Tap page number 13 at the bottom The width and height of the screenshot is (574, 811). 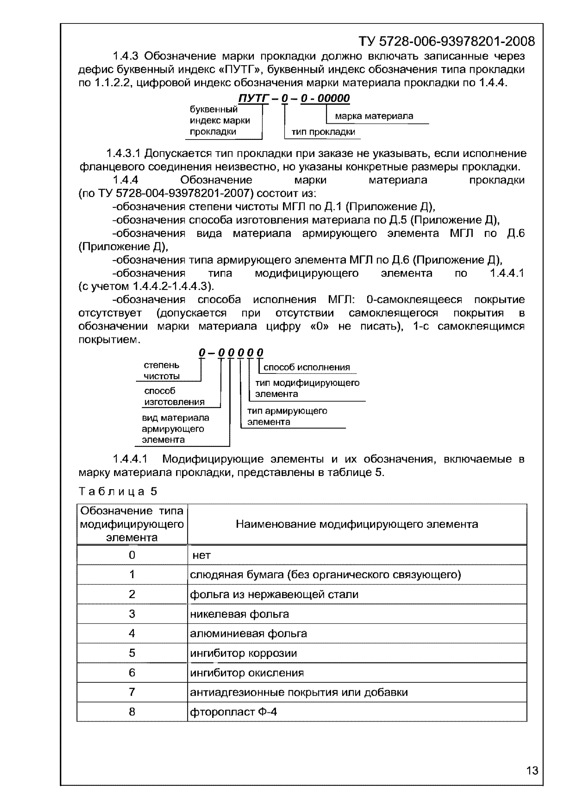[x=532, y=770]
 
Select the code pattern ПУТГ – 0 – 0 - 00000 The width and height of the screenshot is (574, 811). [x=294, y=98]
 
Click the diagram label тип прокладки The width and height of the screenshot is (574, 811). [x=323, y=132]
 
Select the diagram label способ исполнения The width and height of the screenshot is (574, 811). [x=307, y=367]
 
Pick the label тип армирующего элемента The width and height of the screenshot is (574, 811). [x=287, y=416]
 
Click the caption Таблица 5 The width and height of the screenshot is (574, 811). [x=118, y=491]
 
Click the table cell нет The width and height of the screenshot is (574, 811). [x=201, y=556]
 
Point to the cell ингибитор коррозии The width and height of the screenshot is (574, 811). [x=243, y=653]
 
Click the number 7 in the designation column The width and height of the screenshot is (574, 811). [x=132, y=692]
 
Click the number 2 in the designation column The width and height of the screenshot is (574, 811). [x=132, y=594]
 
